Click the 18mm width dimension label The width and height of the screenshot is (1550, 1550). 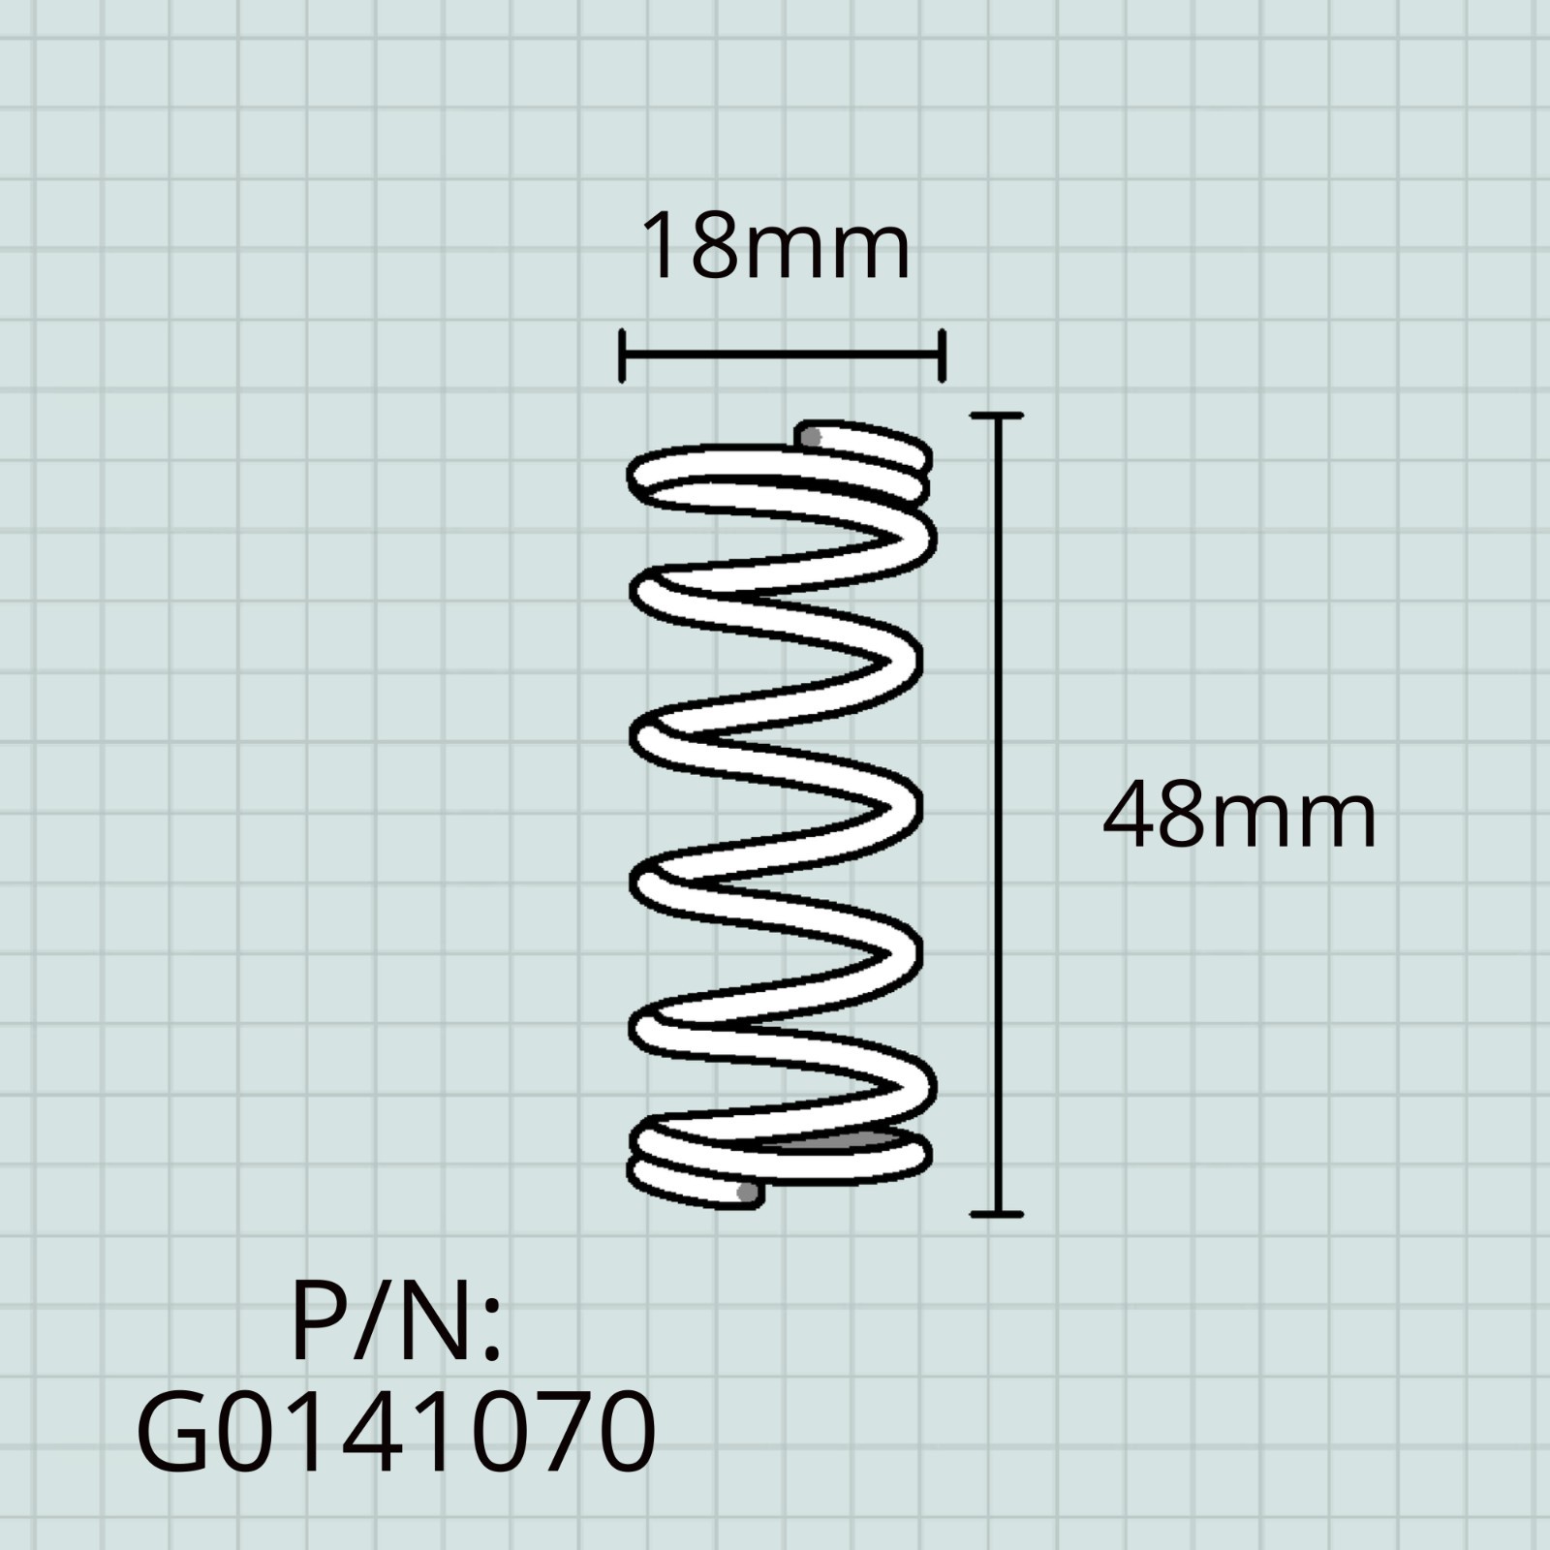pyautogui.click(x=776, y=247)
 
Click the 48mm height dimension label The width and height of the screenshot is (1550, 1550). pyautogui.click(x=1239, y=817)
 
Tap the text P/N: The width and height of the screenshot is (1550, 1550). pyautogui.click(x=396, y=1319)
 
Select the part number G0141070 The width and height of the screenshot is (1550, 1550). pyautogui.click(x=397, y=1432)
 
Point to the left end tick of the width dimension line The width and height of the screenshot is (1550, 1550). pyautogui.click(x=622, y=356)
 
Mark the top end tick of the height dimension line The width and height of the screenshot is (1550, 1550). pyautogui.click(x=997, y=416)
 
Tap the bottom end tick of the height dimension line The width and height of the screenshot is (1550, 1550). pyautogui.click(x=997, y=1213)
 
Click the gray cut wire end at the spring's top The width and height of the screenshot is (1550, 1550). pyautogui.click(x=812, y=437)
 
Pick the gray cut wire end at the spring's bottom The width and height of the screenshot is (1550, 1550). pyautogui.click(x=747, y=1193)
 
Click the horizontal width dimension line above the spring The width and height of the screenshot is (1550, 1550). pyautogui.click(x=781, y=356)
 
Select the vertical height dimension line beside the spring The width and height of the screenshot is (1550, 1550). pyautogui.click(x=997, y=814)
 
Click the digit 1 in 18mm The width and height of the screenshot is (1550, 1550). pyautogui.click(x=661, y=248)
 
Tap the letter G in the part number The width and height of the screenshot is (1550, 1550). pyautogui.click(x=173, y=1432)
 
